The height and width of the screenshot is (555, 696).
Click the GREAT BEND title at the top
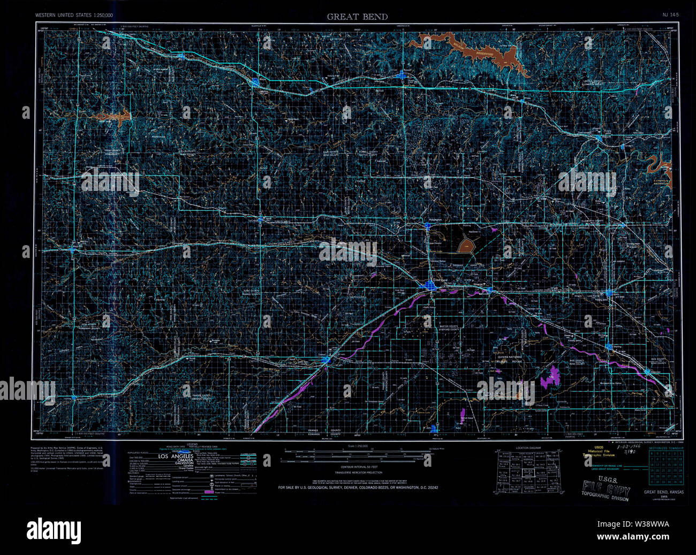click(357, 17)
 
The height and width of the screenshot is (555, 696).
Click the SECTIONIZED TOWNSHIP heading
click(665, 447)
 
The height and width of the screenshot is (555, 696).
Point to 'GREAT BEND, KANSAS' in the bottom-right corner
click(663, 492)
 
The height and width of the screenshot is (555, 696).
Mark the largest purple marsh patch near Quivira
click(550, 378)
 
